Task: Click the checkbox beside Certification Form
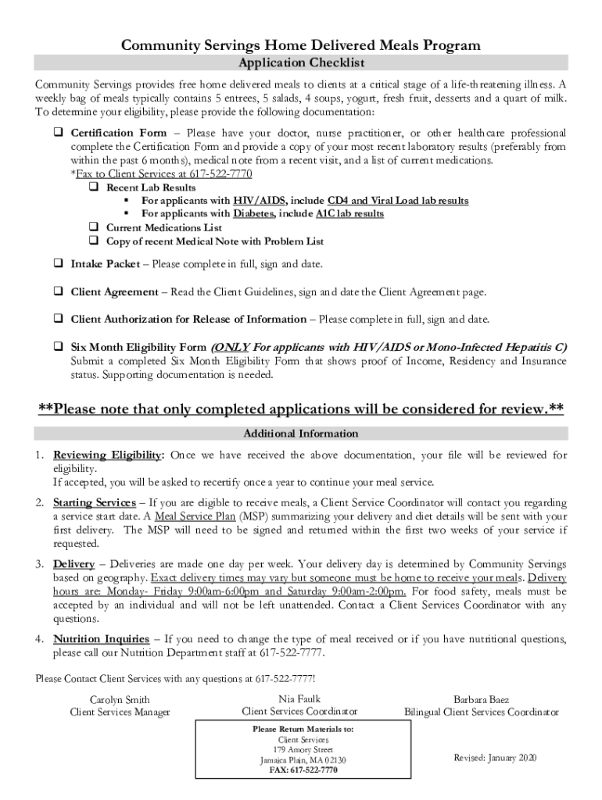[58, 133]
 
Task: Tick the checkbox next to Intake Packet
[58, 264]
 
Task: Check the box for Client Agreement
[58, 292]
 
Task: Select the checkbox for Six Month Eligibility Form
[58, 347]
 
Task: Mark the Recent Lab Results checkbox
[93, 187]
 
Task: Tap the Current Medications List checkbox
[93, 227]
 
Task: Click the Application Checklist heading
[301, 62]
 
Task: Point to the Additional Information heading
[301, 434]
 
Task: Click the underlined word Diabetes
[253, 213]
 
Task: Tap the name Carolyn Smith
[120, 700]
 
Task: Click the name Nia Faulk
[299, 698]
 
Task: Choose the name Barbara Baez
[481, 700]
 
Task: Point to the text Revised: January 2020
[496, 758]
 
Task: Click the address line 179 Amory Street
[303, 749]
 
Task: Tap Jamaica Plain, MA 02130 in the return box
[303, 759]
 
